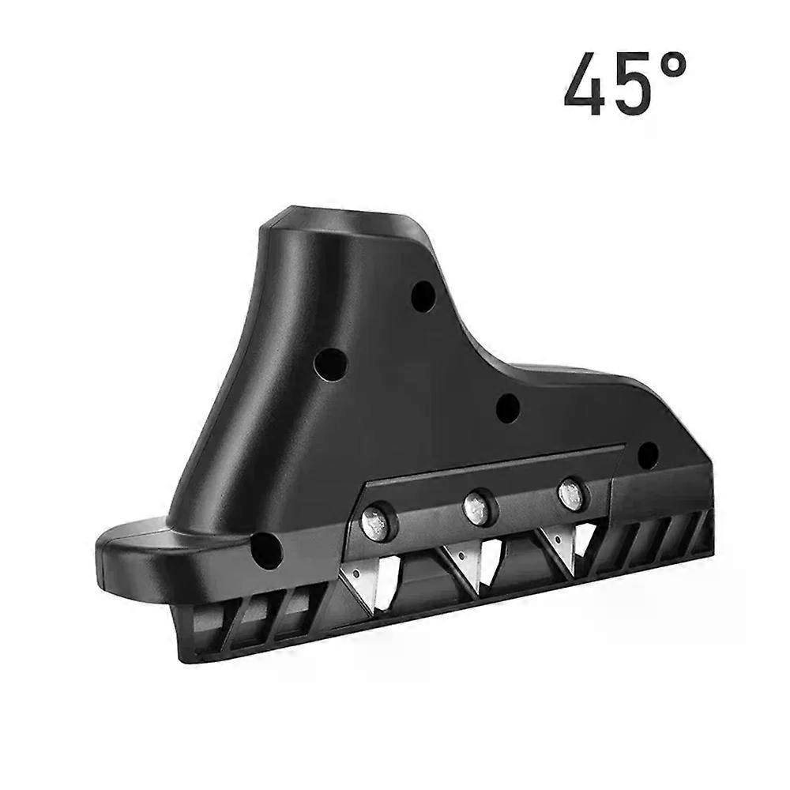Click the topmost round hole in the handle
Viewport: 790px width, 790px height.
[423, 295]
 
